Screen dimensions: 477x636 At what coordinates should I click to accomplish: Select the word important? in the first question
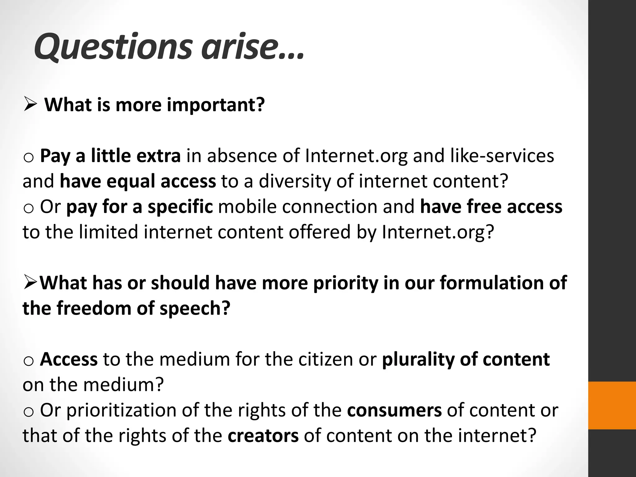[216, 105]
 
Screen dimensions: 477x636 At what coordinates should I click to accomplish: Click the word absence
[242, 156]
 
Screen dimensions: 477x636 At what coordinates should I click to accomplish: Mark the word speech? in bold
[195, 308]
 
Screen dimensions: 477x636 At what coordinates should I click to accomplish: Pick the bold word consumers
[394, 410]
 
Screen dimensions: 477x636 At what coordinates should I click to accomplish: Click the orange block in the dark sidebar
[612, 406]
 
